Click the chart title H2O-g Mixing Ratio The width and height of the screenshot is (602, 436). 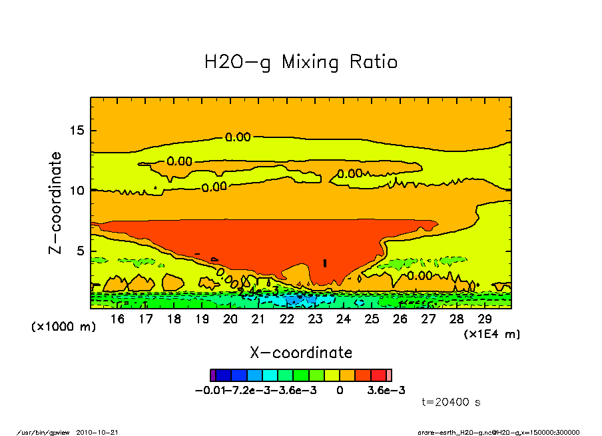pyautogui.click(x=300, y=63)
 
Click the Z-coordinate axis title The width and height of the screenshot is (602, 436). pyautogui.click(x=56, y=203)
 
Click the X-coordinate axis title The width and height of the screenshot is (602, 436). pyautogui.click(x=300, y=353)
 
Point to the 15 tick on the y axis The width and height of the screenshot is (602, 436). pyautogui.click(x=78, y=130)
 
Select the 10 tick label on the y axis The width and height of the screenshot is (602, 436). pyautogui.click(x=78, y=191)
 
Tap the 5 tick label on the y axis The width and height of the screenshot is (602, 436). pyautogui.click(x=81, y=251)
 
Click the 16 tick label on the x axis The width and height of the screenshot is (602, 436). pyautogui.click(x=117, y=319)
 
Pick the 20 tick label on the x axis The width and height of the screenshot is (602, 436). pyautogui.click(x=230, y=319)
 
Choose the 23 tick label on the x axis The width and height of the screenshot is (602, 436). pyautogui.click(x=315, y=319)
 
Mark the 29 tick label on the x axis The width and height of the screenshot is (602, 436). pyautogui.click(x=485, y=319)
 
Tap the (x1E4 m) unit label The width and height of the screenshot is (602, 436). pyautogui.click(x=492, y=333)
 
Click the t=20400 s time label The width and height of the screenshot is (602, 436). pyautogui.click(x=451, y=402)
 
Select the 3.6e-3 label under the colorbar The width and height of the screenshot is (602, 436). pyautogui.click(x=386, y=390)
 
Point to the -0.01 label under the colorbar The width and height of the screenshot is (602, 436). pyautogui.click(x=206, y=390)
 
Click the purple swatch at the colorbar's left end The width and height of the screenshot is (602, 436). pyautogui.click(x=212, y=375)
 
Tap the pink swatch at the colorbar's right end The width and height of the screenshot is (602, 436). pyautogui.click(x=389, y=375)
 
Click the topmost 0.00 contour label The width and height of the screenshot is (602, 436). pyautogui.click(x=238, y=137)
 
